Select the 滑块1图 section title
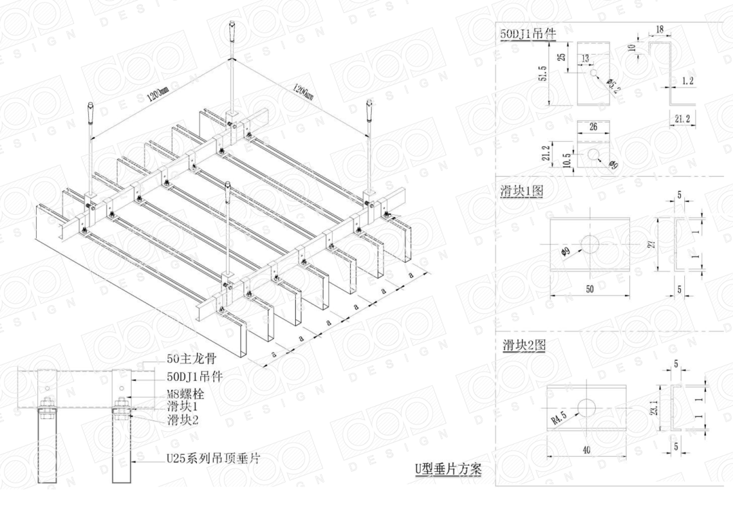point(521,192)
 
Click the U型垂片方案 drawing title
point(448,469)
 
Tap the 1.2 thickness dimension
point(688,81)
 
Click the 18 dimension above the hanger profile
point(659,30)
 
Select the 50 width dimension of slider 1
point(590,290)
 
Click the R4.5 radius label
point(559,416)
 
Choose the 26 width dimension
point(593,127)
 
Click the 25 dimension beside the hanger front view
point(561,57)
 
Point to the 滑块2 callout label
point(183,420)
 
